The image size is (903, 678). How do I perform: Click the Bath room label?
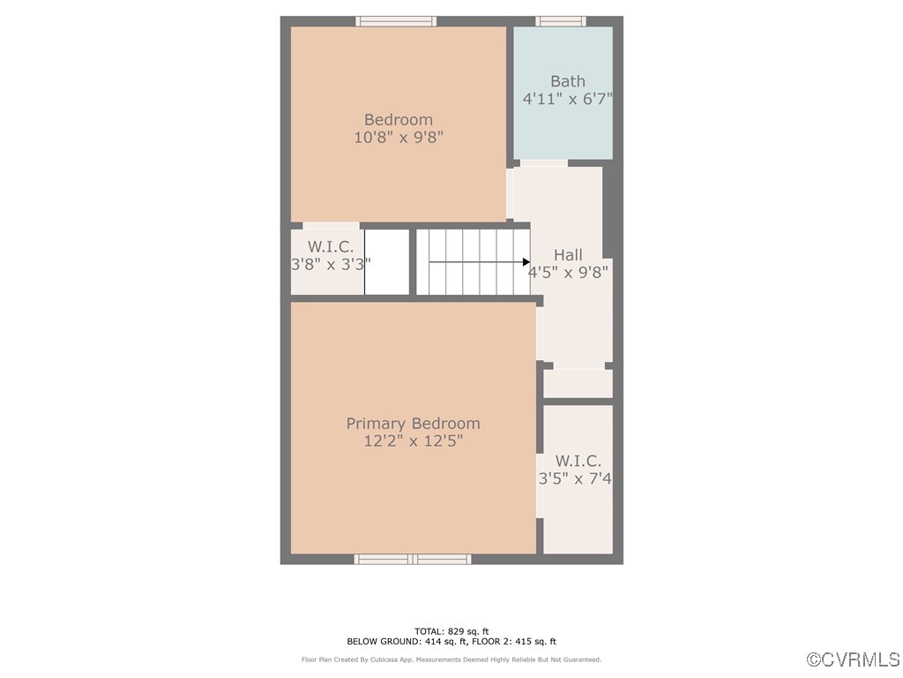567,81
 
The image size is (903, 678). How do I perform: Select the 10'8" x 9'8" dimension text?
399,138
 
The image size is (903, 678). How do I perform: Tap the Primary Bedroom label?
413,424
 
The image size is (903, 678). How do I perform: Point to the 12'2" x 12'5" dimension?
413,441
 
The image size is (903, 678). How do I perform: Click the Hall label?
568,255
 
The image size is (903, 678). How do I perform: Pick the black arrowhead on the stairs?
526,262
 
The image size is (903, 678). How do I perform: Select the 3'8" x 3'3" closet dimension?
331,263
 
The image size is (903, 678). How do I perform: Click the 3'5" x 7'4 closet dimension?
575,478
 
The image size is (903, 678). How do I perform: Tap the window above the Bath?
561,21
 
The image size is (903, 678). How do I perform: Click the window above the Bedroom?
396,21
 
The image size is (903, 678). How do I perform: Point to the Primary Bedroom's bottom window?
413,559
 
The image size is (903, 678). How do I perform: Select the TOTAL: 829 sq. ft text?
451,631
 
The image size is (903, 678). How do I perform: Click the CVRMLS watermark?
854,659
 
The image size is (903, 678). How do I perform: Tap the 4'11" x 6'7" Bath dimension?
567,99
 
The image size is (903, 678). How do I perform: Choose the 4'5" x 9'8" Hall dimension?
568,273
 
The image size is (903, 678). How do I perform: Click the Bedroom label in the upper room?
399,120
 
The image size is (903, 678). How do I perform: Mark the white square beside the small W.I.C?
387,262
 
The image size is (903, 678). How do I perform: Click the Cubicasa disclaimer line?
451,659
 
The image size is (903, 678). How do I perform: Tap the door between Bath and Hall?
544,162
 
